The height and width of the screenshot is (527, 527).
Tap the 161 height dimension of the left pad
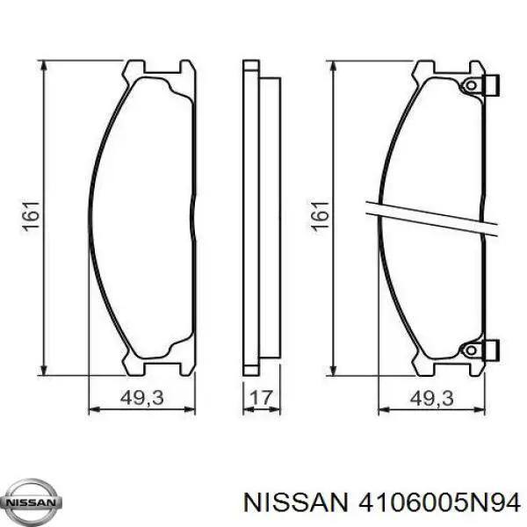pyautogui.click(x=30, y=217)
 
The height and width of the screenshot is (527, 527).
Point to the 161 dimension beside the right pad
pyautogui.click(x=320, y=217)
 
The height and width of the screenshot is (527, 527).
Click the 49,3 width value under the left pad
pyautogui.click(x=141, y=398)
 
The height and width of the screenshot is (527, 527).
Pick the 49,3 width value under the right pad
pyautogui.click(x=430, y=398)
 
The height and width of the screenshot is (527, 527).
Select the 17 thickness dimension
pyautogui.click(x=261, y=398)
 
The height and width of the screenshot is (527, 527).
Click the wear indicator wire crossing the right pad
pyautogui.click(x=430, y=217)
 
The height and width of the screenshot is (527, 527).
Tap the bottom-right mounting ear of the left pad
pyautogui.click(x=186, y=365)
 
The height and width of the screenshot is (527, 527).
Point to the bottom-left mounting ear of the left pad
pyautogui.click(x=134, y=365)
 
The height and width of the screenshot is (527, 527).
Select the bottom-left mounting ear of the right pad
pyautogui.click(x=423, y=365)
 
